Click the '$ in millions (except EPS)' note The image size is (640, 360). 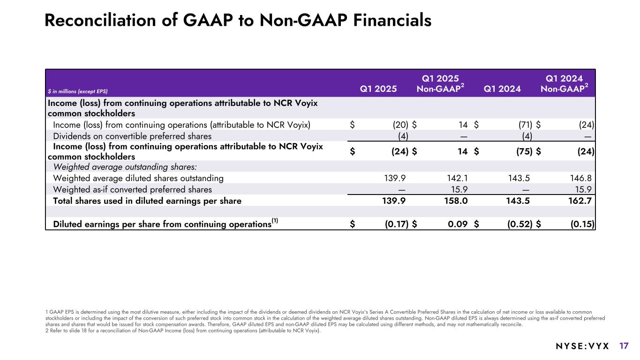(79, 90)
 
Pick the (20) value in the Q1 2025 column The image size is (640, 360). (400, 125)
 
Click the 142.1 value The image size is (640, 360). (456, 178)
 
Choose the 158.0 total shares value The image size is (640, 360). (455, 201)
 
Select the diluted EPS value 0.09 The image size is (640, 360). (458, 224)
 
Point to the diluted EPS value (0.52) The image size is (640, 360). (520, 224)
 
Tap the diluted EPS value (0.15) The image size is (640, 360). (582, 224)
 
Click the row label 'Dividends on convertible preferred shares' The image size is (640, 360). (132, 136)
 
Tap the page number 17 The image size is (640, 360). (624, 346)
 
